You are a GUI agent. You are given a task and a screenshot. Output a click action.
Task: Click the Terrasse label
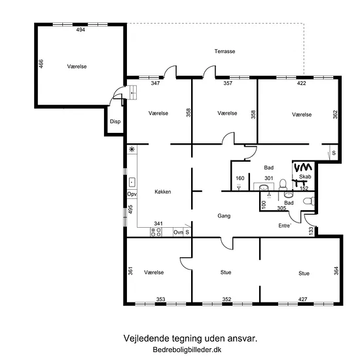pyautogui.click(x=225, y=51)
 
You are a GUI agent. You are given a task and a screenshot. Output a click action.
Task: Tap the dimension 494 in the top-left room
pyautogui.click(x=81, y=29)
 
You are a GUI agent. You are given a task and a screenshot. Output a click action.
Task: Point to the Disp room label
pyautogui.click(x=115, y=122)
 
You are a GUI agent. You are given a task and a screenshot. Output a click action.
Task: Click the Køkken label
pyautogui.click(x=163, y=192)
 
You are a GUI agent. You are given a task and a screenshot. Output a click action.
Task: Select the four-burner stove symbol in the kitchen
pyautogui.click(x=156, y=232)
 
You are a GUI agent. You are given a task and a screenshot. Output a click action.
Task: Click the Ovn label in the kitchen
pyautogui.click(x=178, y=232)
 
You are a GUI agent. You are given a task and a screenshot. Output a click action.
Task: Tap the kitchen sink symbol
pyautogui.click(x=132, y=183)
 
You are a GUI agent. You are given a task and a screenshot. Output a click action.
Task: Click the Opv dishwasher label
pyautogui.click(x=132, y=194)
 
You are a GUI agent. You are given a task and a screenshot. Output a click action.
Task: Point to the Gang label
pyautogui.click(x=224, y=216)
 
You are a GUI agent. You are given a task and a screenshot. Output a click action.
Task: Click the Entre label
pyautogui.click(x=285, y=226)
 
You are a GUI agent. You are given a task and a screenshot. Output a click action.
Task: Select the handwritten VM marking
pyautogui.click(x=303, y=168)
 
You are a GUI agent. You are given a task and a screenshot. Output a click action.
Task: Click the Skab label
pyautogui.click(x=305, y=177)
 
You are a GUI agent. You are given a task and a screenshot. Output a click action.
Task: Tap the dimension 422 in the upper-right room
pyautogui.click(x=302, y=83)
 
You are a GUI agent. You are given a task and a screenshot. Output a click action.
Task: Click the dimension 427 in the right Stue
pyautogui.click(x=302, y=299)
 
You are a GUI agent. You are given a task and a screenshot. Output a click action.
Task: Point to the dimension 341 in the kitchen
pyautogui.click(x=158, y=223)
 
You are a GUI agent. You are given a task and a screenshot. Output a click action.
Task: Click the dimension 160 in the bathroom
pyautogui.click(x=240, y=178)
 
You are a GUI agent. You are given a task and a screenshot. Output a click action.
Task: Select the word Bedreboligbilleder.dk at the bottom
pyautogui.click(x=187, y=350)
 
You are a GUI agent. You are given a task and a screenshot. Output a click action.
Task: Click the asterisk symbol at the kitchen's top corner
pyautogui.click(x=132, y=149)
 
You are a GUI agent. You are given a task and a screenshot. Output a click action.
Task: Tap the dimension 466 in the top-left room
pyautogui.click(x=41, y=64)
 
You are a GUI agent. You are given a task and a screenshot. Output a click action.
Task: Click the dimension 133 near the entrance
pyautogui.click(x=311, y=230)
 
